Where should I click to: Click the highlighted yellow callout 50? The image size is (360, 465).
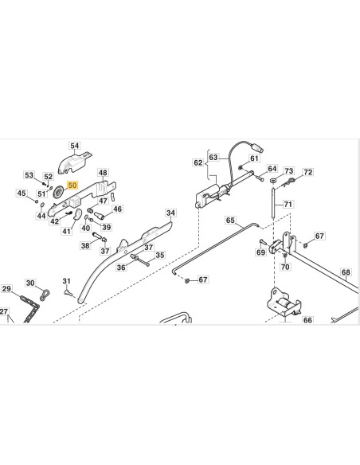point(72,186)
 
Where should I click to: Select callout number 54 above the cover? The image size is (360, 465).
point(74,146)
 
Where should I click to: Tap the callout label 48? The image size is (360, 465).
point(103,173)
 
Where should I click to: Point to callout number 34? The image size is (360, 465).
point(170,213)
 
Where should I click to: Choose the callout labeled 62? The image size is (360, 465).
point(198,162)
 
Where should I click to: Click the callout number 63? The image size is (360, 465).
point(213,157)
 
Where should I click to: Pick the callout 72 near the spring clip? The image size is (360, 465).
point(307,172)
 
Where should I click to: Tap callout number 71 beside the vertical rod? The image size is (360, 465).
point(288,204)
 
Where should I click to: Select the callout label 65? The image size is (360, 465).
point(230,220)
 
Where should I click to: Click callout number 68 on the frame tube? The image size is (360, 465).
point(346,272)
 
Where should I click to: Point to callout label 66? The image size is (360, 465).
point(307,320)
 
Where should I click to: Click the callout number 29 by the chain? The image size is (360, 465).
point(6,288)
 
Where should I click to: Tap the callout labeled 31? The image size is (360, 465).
point(66,281)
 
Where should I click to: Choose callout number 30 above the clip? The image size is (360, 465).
point(30,283)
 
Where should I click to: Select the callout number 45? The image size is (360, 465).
point(22,193)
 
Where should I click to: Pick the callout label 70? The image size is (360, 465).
point(285,267)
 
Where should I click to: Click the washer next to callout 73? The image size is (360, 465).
point(273,180)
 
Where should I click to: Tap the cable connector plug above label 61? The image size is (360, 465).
point(256,147)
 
